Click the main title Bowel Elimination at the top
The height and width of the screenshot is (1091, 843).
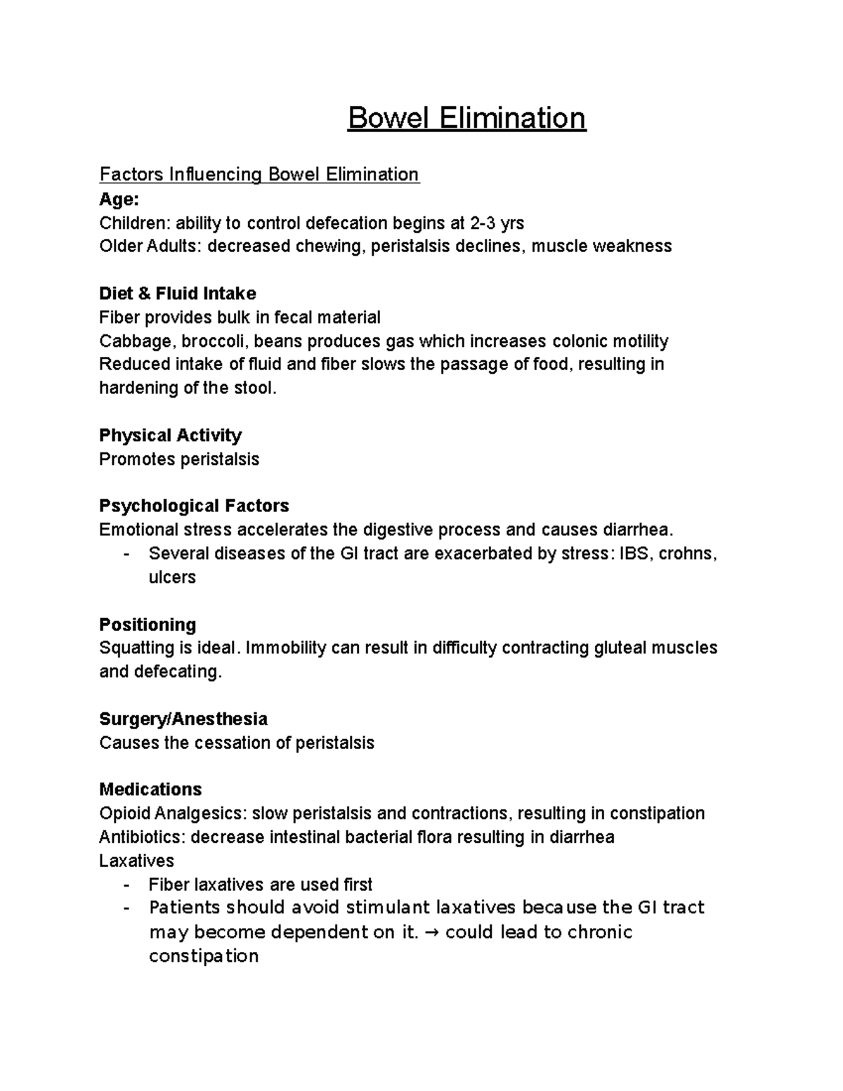pyautogui.click(x=466, y=118)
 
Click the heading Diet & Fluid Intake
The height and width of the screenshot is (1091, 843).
pyautogui.click(x=177, y=294)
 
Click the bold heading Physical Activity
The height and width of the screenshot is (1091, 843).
pyautogui.click(x=170, y=436)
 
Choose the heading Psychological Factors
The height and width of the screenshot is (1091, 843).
pyautogui.click(x=194, y=507)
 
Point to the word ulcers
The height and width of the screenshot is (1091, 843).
pyautogui.click(x=172, y=577)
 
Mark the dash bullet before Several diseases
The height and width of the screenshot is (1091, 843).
pyautogui.click(x=126, y=554)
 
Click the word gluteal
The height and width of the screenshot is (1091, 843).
pyautogui.click(x=621, y=648)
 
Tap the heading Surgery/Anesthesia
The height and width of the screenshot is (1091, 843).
pyautogui.click(x=183, y=719)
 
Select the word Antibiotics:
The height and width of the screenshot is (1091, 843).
pyautogui.click(x=143, y=837)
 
